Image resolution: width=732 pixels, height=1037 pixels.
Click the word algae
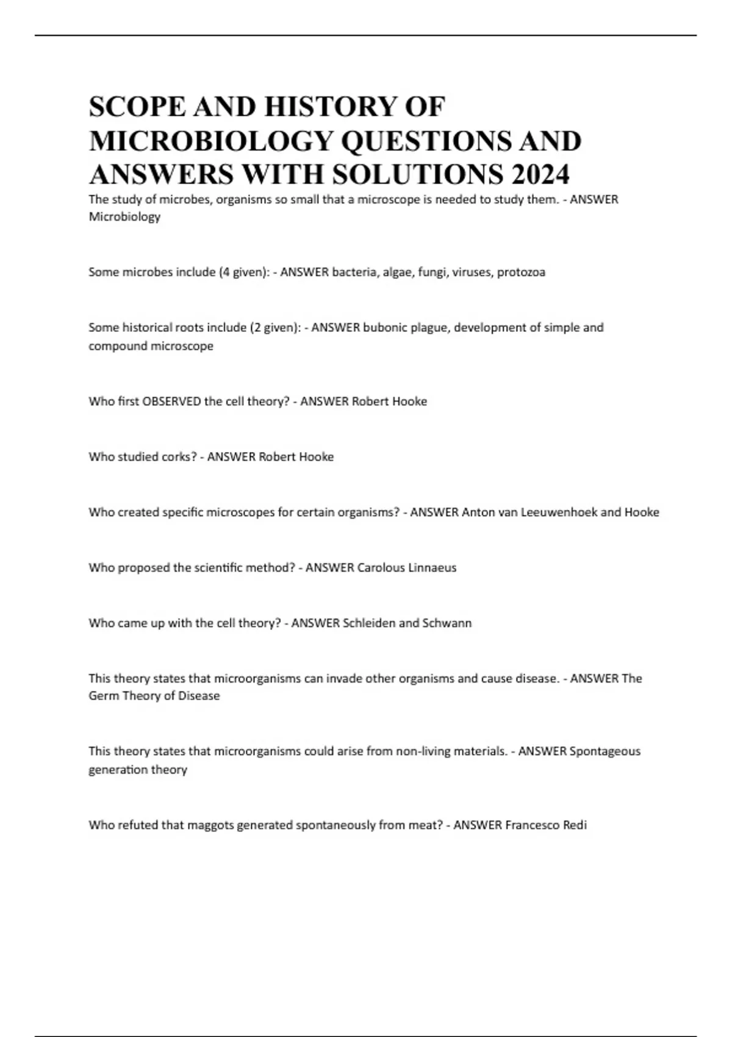[396, 272]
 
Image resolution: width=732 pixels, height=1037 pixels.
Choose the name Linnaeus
[432, 568]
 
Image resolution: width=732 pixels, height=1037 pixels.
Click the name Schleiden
[369, 623]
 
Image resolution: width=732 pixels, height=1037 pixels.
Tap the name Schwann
[447, 623]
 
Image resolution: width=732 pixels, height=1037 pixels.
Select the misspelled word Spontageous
[605, 752]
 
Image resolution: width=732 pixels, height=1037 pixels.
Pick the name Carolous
[381, 568]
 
